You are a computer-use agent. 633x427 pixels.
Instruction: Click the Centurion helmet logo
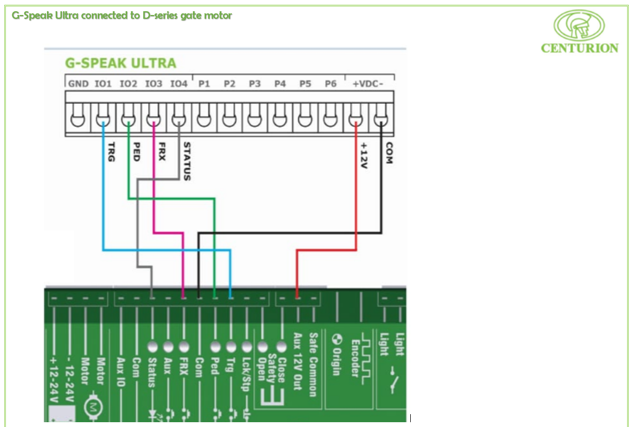pos(579,25)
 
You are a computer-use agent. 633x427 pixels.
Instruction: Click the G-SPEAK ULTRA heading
pos(120,63)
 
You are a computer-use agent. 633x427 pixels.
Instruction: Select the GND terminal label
pos(78,84)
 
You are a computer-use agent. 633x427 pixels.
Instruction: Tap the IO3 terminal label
pos(153,84)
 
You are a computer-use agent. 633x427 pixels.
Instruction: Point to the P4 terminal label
pos(280,84)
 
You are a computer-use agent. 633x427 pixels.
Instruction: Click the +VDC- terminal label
pos(368,84)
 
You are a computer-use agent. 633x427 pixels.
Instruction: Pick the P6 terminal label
pos(331,84)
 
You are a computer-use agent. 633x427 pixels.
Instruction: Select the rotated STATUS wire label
pos(187,160)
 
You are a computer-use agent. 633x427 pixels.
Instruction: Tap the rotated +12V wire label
pos(364,156)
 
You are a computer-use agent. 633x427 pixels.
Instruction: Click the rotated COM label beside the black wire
pos(389,153)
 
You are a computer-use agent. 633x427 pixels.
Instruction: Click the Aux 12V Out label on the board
pos(298,361)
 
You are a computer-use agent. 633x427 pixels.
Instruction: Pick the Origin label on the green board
pos(337,355)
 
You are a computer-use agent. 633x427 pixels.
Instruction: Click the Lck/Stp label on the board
pos(246,374)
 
